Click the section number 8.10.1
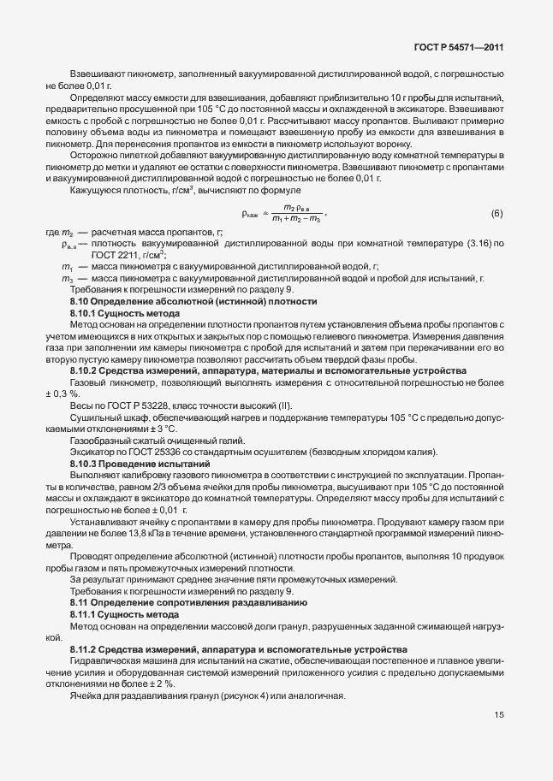point(86,314)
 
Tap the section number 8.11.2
point(86,651)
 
